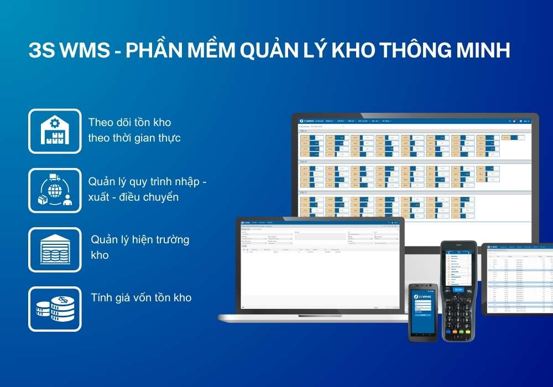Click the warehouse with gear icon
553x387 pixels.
coord(54,131)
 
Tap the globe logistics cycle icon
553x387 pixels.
coord(54,191)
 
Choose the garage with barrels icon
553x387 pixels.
coord(54,250)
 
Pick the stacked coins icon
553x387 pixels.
coord(54,309)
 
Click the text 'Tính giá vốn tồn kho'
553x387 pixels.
coord(141,298)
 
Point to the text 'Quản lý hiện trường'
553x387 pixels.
coord(140,240)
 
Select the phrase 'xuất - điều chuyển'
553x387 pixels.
coord(133,197)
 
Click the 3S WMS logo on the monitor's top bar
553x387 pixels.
coord(308,121)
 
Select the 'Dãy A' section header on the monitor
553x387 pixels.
coord(303,132)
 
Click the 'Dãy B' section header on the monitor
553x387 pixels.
coord(303,162)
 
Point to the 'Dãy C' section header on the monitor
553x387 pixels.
coord(303,192)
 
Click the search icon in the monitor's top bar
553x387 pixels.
coord(509,121)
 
